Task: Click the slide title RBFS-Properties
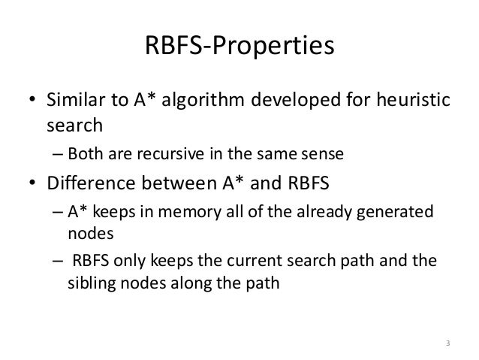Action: pos(239,47)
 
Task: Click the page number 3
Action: pos(447,343)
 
